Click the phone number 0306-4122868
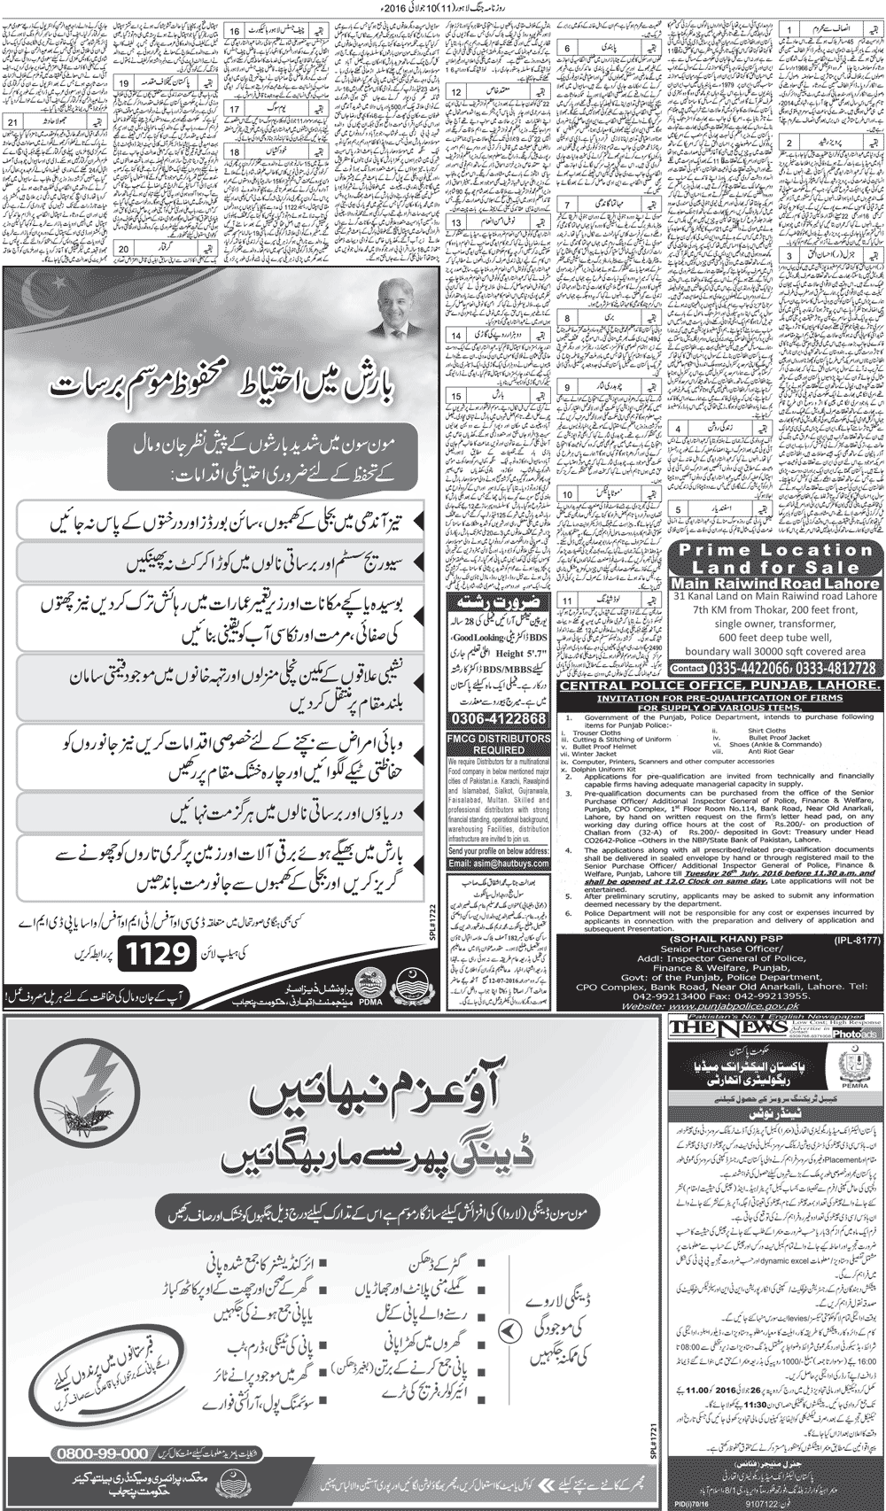point(499,718)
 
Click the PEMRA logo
point(856,1070)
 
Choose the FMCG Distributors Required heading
point(499,744)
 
